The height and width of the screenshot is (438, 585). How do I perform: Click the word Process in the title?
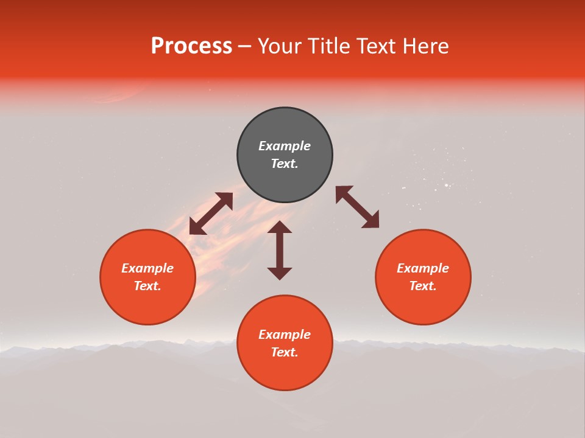pos(191,46)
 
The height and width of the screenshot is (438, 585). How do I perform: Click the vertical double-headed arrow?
pos(280,250)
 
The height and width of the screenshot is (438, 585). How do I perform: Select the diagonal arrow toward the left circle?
pos(211,214)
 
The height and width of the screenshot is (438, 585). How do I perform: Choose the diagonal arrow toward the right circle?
pos(358,207)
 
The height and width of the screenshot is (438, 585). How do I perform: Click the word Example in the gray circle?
pos(285,146)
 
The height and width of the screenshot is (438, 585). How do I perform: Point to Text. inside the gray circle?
pos(285,164)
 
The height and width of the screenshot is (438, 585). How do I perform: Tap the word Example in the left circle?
pos(147,268)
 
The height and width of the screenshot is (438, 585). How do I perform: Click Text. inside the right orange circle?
pos(423,286)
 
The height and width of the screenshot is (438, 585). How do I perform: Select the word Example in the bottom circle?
pos(285,335)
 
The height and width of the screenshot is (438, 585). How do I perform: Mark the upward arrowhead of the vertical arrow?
pos(280,227)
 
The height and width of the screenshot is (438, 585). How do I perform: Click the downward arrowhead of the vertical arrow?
pos(280,273)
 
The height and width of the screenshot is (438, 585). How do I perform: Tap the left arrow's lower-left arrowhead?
pos(196,228)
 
